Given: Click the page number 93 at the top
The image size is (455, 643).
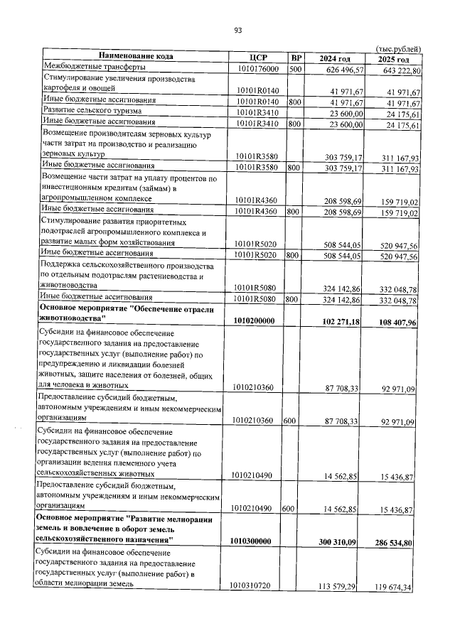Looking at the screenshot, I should pos(238,30).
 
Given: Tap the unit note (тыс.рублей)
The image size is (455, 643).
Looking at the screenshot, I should pos(397,48).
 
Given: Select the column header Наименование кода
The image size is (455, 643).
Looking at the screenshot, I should pos(136,57).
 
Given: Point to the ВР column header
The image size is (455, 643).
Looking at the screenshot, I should pos(296,58).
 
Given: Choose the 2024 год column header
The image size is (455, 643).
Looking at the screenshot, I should pos(335,58).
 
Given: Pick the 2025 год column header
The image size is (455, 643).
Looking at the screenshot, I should pos(394,58).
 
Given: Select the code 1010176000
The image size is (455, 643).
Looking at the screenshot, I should pos(258,69).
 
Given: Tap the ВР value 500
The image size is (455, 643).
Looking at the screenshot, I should pos(296,69).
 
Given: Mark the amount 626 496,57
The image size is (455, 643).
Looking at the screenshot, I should pos(345,70).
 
